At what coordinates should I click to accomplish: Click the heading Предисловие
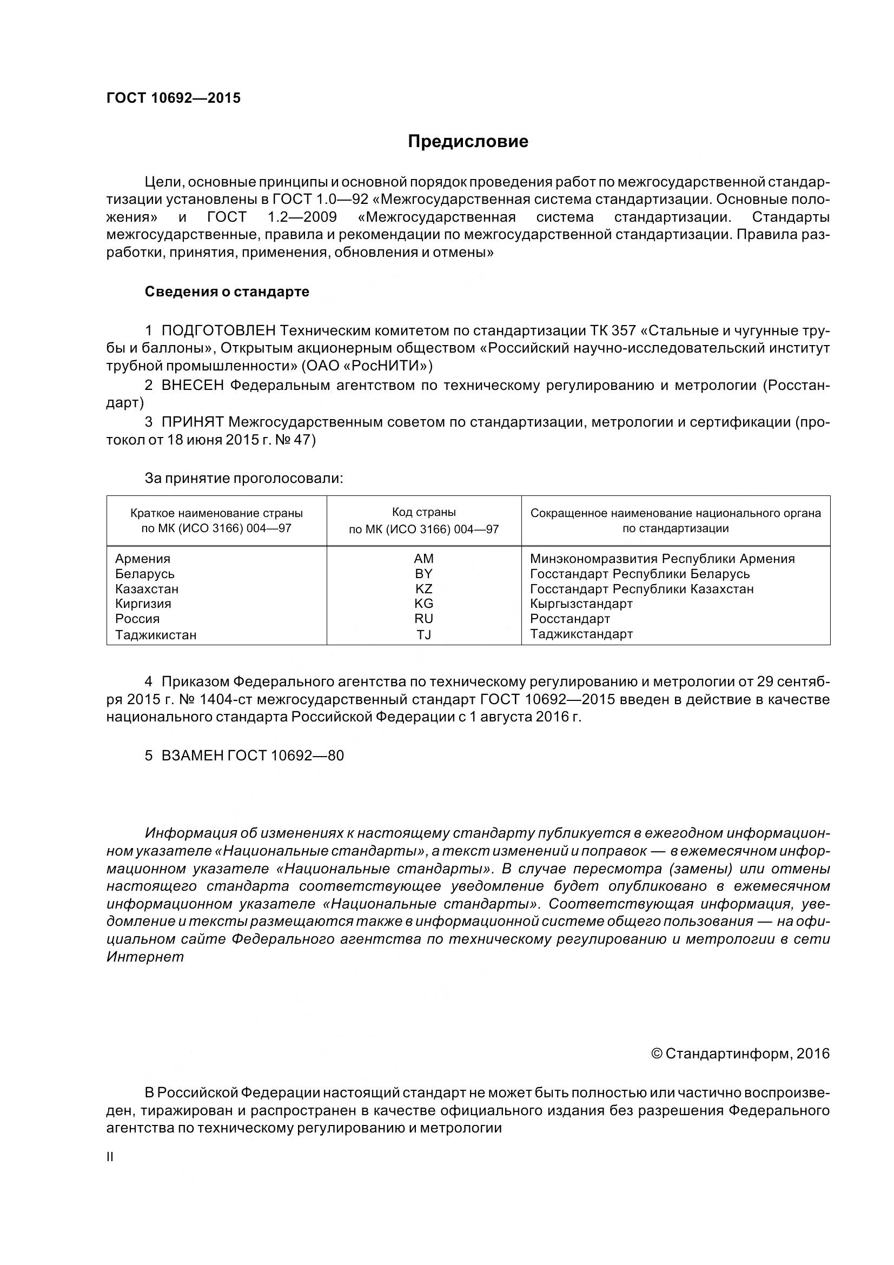468,142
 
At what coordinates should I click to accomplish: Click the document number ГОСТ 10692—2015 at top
174,98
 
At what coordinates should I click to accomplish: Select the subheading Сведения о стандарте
227,292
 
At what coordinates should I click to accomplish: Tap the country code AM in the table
423,559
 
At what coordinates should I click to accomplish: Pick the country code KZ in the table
423,589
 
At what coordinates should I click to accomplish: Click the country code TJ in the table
423,635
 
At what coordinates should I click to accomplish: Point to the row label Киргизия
143,604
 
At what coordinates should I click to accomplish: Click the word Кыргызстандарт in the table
581,604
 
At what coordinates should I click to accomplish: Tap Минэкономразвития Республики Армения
662,559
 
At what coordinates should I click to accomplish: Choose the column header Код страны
423,512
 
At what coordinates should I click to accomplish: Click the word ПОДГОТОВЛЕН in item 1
218,330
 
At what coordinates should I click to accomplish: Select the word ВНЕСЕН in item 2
193,386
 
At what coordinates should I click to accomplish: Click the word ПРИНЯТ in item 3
192,422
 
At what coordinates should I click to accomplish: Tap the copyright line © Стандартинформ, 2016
740,1054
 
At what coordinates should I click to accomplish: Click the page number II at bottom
110,1157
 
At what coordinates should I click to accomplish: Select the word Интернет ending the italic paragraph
145,957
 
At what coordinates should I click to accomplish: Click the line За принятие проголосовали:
243,478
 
